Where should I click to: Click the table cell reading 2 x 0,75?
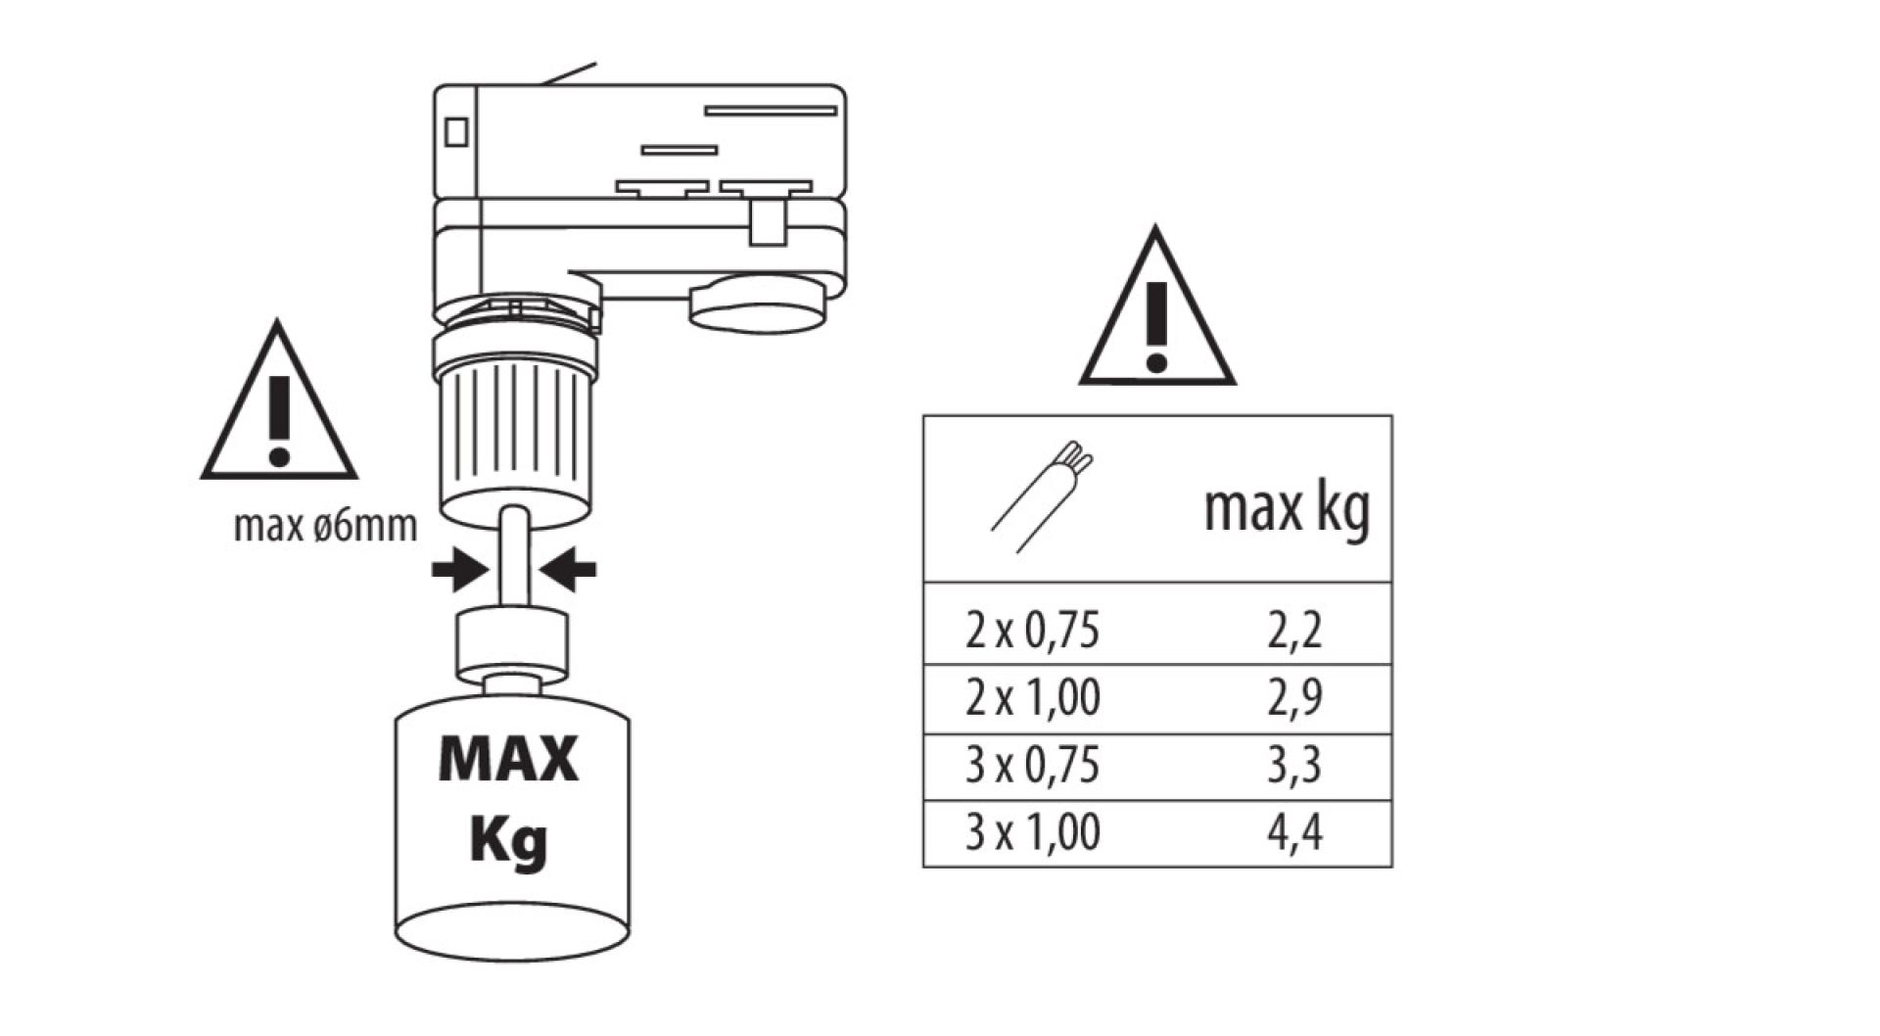[x=1032, y=630]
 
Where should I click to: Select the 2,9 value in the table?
[x=1294, y=697]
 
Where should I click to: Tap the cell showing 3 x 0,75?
[x=1032, y=765]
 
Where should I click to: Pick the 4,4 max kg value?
[x=1294, y=832]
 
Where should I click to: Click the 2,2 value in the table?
[x=1294, y=630]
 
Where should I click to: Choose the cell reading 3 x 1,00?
[x=1032, y=832]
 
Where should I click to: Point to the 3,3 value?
[x=1294, y=765]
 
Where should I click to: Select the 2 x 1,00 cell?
[x=1032, y=697]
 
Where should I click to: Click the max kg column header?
[x=1286, y=510]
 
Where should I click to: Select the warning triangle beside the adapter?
[x=279, y=409]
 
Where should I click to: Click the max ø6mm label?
[x=325, y=527]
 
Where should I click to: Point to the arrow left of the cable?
[x=458, y=569]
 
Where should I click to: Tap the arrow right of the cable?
[x=569, y=569]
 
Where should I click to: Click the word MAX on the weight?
[x=509, y=759]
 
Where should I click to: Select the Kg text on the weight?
[x=509, y=840]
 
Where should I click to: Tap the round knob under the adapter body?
[x=756, y=305]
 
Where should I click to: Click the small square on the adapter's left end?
[x=456, y=131]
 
